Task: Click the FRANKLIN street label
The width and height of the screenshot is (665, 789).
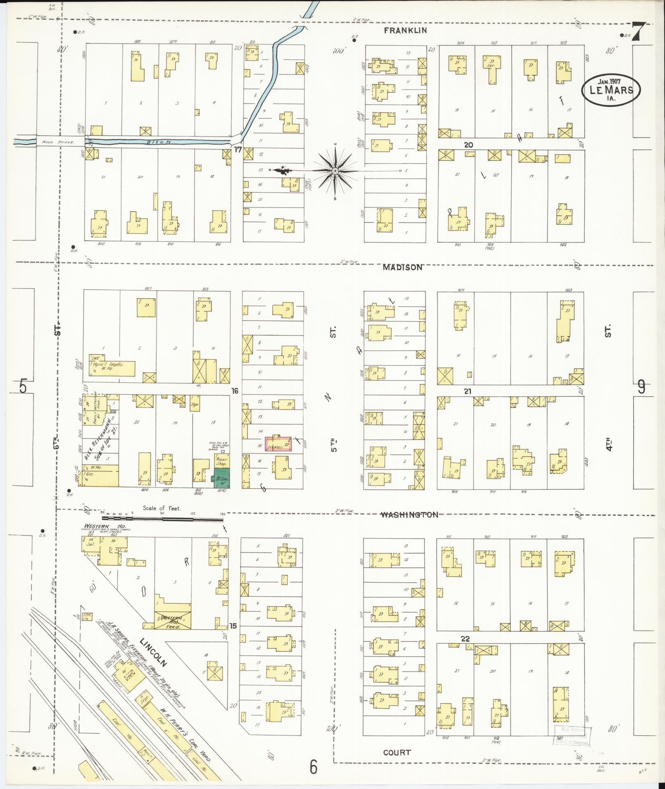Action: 406,31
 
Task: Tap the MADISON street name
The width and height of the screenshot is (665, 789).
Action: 402,267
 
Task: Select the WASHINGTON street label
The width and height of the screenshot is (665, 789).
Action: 409,514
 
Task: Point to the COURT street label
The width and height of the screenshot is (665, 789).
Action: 397,752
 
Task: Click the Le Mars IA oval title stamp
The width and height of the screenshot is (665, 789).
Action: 611,91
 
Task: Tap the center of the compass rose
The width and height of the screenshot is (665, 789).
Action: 335,170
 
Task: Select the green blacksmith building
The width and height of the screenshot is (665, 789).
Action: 222,478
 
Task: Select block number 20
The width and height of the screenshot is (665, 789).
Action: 468,145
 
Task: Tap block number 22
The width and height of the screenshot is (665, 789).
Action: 465,638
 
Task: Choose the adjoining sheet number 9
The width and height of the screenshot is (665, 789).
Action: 642,387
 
